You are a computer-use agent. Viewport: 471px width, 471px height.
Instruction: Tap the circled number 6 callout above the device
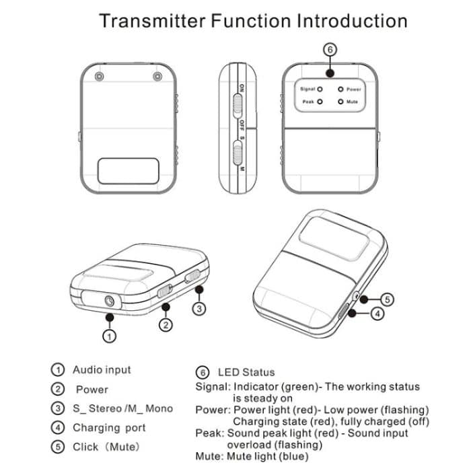(x=329, y=49)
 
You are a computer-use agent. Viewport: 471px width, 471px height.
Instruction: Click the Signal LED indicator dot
(x=320, y=88)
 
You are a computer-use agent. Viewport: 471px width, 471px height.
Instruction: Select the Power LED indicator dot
(x=341, y=88)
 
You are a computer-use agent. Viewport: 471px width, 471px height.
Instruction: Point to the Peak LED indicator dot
(x=320, y=102)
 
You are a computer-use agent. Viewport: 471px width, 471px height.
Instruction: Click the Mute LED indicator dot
(x=341, y=102)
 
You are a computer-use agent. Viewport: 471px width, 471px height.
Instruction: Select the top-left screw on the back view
(x=100, y=77)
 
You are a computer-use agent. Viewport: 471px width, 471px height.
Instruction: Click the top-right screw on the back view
(x=158, y=77)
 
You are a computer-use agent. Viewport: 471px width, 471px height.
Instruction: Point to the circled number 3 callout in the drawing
(x=198, y=308)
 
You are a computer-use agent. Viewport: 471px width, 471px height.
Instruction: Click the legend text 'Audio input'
(x=102, y=369)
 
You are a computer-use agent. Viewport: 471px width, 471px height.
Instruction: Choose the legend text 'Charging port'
(x=109, y=427)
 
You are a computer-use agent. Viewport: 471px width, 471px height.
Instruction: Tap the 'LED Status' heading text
(x=246, y=372)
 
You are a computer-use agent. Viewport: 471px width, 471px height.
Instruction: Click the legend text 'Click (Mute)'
(x=106, y=447)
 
